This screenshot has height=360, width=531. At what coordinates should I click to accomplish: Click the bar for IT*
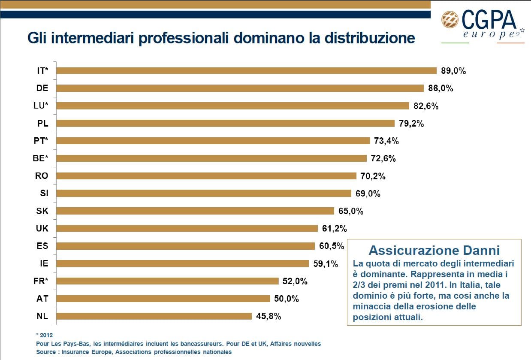[247, 71]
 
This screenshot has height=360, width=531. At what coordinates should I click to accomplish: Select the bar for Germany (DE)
[240, 88]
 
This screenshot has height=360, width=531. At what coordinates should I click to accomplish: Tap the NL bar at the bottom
[154, 316]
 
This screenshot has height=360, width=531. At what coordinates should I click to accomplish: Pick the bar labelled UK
[187, 228]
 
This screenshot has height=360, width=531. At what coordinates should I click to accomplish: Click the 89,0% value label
[453, 71]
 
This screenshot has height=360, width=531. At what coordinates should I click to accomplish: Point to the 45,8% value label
[269, 316]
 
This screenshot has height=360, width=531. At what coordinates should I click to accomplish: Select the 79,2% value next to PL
[411, 124]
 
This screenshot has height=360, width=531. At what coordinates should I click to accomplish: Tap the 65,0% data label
[351, 211]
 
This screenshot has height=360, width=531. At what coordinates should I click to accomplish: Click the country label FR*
[41, 281]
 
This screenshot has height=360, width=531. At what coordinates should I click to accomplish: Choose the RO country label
[42, 176]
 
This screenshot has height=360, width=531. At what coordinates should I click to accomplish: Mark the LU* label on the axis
[41, 106]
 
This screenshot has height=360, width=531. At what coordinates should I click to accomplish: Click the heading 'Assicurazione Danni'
[434, 250]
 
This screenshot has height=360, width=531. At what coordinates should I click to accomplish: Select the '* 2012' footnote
[44, 335]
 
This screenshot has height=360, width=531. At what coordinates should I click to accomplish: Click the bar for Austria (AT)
[163, 299]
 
